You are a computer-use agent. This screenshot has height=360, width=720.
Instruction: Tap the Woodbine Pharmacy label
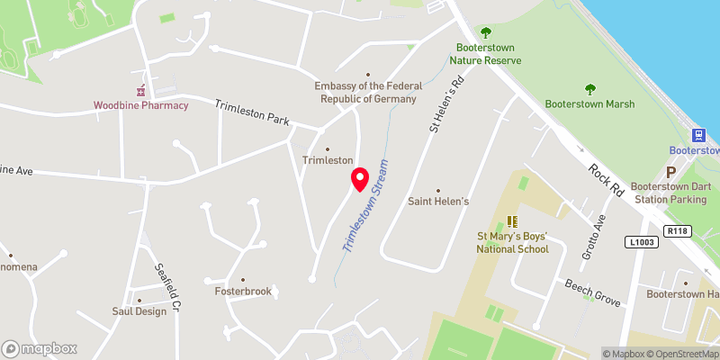click(141, 105)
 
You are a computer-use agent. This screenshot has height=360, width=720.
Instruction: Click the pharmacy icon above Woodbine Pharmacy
click(141, 90)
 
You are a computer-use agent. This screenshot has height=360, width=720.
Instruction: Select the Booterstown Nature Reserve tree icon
click(486, 32)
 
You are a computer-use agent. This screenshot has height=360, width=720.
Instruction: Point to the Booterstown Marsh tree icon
click(590, 89)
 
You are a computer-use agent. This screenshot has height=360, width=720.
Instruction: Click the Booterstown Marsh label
click(590, 104)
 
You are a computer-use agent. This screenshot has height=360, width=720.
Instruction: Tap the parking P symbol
click(670, 171)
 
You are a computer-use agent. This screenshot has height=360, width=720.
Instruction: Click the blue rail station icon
click(699, 134)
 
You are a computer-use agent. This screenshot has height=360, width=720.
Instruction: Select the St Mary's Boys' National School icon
click(512, 221)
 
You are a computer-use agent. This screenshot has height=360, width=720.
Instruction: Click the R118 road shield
click(677, 231)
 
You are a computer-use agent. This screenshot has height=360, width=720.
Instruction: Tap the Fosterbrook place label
click(243, 292)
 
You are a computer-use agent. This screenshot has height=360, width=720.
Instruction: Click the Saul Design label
click(139, 311)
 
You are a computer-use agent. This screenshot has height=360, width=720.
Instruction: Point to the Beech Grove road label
click(592, 294)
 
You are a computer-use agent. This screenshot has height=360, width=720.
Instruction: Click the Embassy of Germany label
click(367, 92)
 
